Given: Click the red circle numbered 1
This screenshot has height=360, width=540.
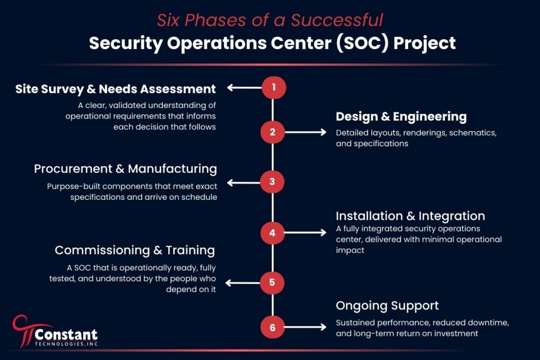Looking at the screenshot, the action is point(274,87).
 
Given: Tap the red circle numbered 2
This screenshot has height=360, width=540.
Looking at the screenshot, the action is point(273,132).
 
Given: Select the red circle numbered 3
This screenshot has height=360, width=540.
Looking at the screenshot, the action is point(272,181).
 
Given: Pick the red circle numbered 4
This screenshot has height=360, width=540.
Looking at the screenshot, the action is point(273,233).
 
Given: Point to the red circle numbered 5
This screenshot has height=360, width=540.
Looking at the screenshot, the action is point(272,283).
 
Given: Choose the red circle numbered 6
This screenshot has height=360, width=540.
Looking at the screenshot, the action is point(273,327).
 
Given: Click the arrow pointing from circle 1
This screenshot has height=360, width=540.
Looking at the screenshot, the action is point(244,87).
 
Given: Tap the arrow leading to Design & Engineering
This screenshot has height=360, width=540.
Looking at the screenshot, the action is point(305,132).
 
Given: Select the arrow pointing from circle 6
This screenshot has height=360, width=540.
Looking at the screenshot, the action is point(305,327).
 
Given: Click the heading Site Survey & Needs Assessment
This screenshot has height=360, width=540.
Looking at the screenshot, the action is point(115,90).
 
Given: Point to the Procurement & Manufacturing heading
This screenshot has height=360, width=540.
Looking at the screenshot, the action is point(126,169).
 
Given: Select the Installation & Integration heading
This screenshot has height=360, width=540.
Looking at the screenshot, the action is point(410,216).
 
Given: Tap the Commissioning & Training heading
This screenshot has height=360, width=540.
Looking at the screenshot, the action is point(134,250).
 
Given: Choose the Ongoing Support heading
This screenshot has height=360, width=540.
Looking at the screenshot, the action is point(387,306).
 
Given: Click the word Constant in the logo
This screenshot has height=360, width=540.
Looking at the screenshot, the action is point(66,334).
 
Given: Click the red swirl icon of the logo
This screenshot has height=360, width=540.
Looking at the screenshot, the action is point(24,330).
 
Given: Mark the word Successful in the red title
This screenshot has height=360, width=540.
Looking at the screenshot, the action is point(337,20).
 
